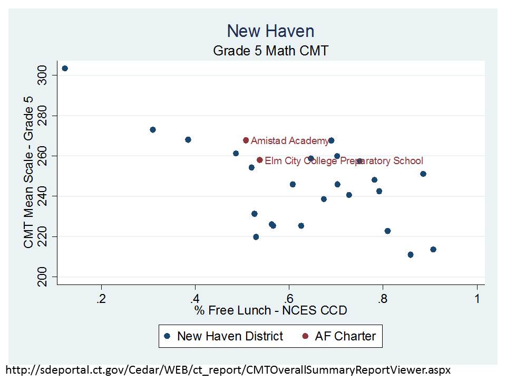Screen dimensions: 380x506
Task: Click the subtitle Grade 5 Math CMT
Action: (x=270, y=51)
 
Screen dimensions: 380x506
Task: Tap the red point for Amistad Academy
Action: (x=246, y=140)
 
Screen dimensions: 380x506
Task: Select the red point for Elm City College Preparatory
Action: (x=259, y=160)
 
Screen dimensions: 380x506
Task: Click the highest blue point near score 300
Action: (x=65, y=68)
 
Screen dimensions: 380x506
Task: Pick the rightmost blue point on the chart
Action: (x=433, y=250)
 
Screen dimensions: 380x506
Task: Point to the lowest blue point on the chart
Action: (x=411, y=255)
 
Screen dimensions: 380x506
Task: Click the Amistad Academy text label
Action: (x=289, y=141)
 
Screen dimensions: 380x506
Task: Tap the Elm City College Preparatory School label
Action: (x=344, y=161)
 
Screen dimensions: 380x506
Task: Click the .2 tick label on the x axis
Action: (x=101, y=299)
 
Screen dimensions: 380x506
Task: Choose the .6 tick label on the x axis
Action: (x=288, y=299)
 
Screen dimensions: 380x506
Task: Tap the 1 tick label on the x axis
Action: (x=477, y=299)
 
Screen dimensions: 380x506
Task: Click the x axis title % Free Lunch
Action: (x=270, y=310)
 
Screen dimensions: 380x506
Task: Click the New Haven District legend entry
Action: (x=223, y=336)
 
